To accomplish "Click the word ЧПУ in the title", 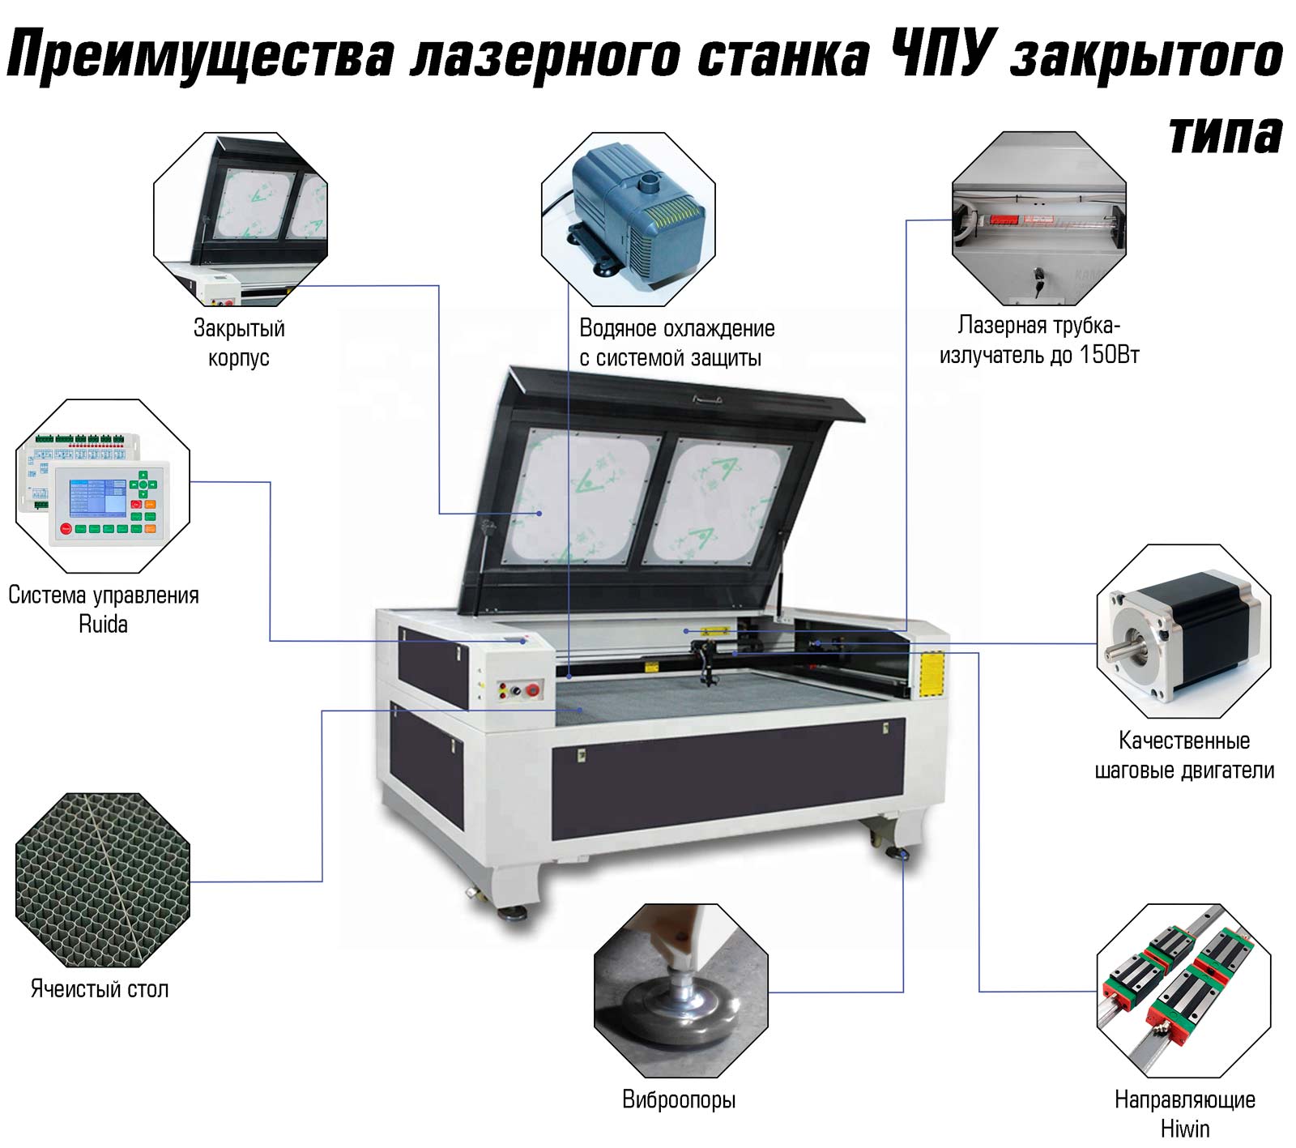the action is (x=940, y=55).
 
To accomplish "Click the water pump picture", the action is (x=629, y=219).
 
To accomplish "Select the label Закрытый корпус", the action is (x=239, y=343).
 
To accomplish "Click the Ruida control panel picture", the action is (x=103, y=486).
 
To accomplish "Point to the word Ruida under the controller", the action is (x=103, y=624).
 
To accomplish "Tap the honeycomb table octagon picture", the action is (x=103, y=880).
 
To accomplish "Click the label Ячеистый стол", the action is (x=100, y=988).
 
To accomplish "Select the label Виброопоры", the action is (x=679, y=1099).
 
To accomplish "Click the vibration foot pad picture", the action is (x=680, y=991).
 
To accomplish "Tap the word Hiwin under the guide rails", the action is (x=1185, y=1129).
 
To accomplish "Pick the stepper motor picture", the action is (x=1183, y=631).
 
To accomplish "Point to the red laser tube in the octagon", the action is (x=1017, y=219).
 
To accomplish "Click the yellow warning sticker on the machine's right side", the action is (x=932, y=672).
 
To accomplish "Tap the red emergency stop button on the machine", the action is (x=532, y=690).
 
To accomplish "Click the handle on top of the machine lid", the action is (x=707, y=399).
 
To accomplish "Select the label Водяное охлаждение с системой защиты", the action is (x=677, y=343).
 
